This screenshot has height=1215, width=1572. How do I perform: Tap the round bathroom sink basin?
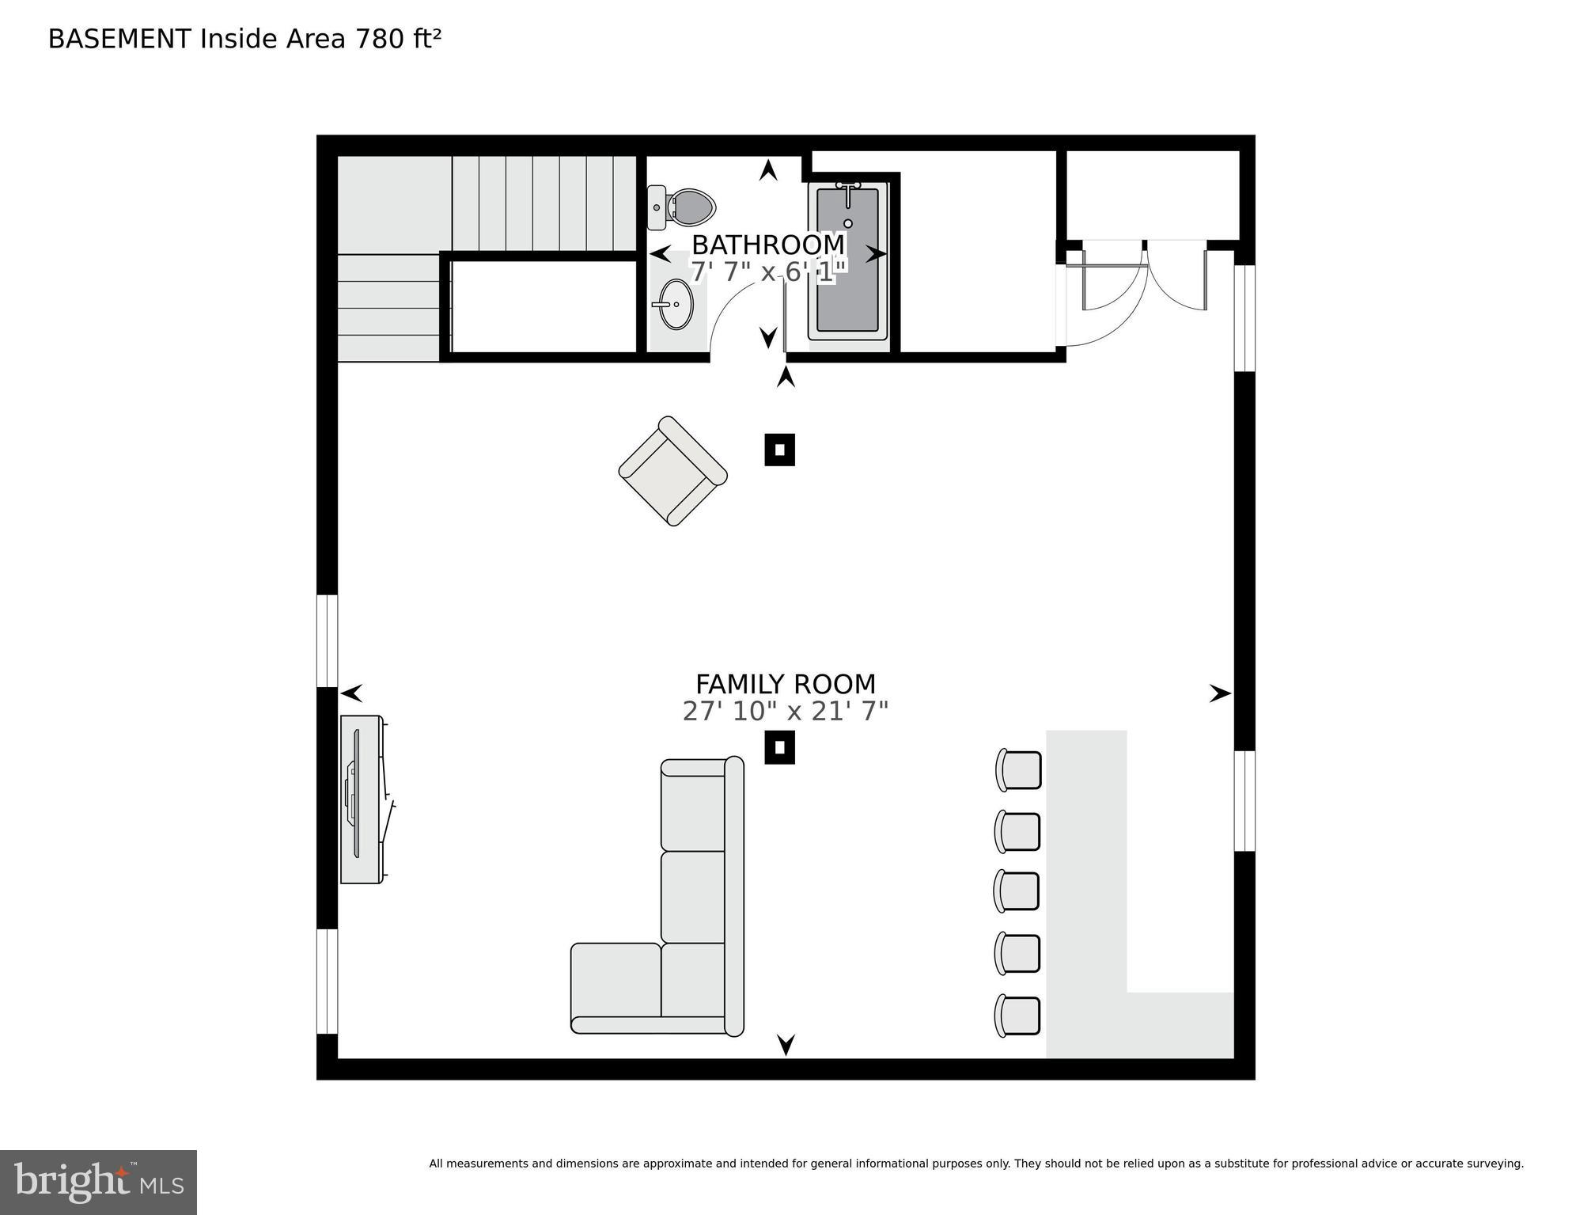pos(676,304)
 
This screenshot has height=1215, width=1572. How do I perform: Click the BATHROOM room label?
pos(767,245)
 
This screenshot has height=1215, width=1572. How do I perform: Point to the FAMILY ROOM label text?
pos(785,684)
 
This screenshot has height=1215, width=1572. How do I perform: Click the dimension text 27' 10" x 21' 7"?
pos(785,712)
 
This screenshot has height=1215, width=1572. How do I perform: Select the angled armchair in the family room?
pos(672,471)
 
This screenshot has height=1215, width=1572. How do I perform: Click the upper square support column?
pos(779,450)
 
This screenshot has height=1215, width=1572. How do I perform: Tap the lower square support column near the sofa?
pos(779,747)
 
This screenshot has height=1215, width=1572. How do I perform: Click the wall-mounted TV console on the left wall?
pos(362,799)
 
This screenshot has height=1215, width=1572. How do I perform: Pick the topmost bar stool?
pos(1019,769)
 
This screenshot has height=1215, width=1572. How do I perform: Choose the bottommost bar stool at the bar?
pos(1018,1016)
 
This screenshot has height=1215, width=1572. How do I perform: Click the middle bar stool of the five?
pos(1017,891)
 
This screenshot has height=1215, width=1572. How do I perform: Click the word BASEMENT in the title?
pos(119,39)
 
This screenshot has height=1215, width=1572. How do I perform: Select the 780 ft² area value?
pos(398,39)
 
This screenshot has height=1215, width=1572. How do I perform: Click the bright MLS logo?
pos(98,1183)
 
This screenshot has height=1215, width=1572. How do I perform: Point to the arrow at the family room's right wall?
pos(1219,693)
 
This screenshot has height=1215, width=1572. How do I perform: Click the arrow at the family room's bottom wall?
pos(786,1045)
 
